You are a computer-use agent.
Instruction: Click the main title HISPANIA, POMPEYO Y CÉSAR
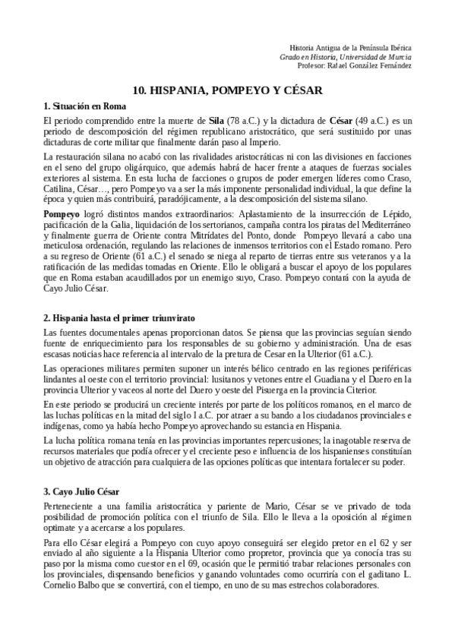[228, 89]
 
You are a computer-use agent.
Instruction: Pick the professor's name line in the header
[355, 65]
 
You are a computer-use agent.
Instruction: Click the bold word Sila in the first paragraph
[216, 120]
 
